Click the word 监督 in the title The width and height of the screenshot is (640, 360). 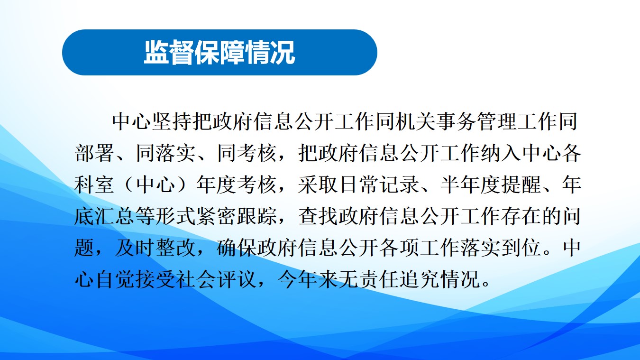tap(169, 52)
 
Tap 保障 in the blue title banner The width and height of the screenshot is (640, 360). tap(219, 52)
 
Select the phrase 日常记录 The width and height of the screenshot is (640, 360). tap(379, 185)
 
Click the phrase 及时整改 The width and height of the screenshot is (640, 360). tap(155, 247)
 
